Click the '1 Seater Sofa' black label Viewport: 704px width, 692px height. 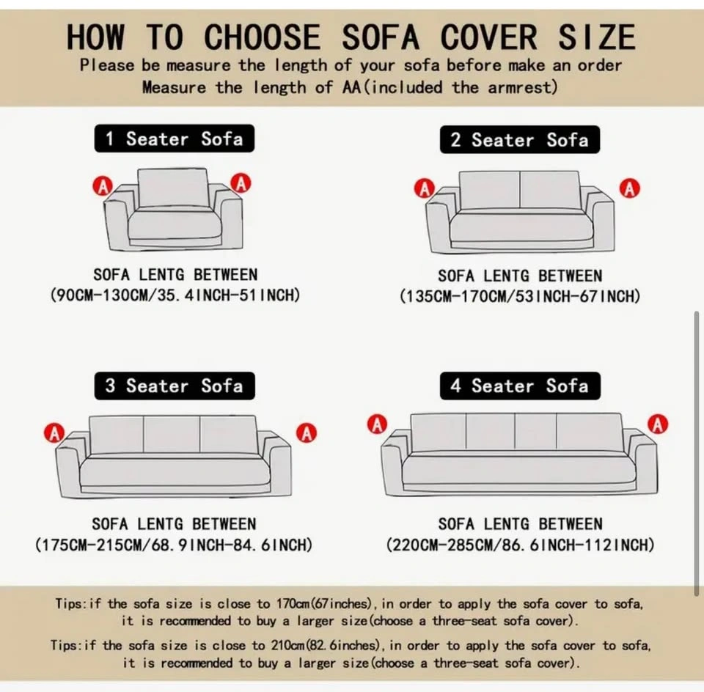point(175,139)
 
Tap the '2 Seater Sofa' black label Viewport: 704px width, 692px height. point(519,139)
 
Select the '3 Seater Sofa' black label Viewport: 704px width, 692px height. point(175,386)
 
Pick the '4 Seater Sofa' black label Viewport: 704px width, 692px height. point(520,386)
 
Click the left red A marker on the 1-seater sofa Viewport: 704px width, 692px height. point(103,185)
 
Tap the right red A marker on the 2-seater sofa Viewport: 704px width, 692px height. point(629,188)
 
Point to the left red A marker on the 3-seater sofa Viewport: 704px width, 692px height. point(54,433)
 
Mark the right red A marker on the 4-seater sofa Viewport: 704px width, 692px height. point(658,424)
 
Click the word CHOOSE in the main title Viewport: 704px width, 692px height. point(263,37)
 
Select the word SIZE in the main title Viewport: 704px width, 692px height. point(597,37)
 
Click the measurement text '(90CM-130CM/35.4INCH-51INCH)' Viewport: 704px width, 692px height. point(175,295)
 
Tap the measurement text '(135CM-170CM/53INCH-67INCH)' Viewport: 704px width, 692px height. point(520,296)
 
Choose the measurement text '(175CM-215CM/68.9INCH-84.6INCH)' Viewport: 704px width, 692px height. point(174,545)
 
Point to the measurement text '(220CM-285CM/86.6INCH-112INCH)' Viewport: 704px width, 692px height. point(520,545)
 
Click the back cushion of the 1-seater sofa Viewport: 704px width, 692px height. point(173,188)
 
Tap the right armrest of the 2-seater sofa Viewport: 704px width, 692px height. point(601,220)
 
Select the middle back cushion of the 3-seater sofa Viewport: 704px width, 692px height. point(172,435)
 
